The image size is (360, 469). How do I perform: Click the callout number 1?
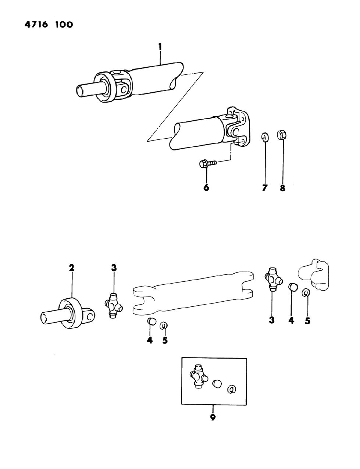pyautogui.click(x=160, y=47)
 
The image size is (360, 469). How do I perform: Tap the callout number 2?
pyautogui.click(x=72, y=267)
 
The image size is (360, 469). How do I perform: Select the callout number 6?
pyautogui.click(x=206, y=188)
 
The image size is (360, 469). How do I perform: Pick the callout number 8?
pyautogui.click(x=282, y=188)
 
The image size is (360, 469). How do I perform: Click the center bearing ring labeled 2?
pyautogui.click(x=69, y=312)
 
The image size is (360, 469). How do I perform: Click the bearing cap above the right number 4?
pyautogui.click(x=292, y=286)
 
